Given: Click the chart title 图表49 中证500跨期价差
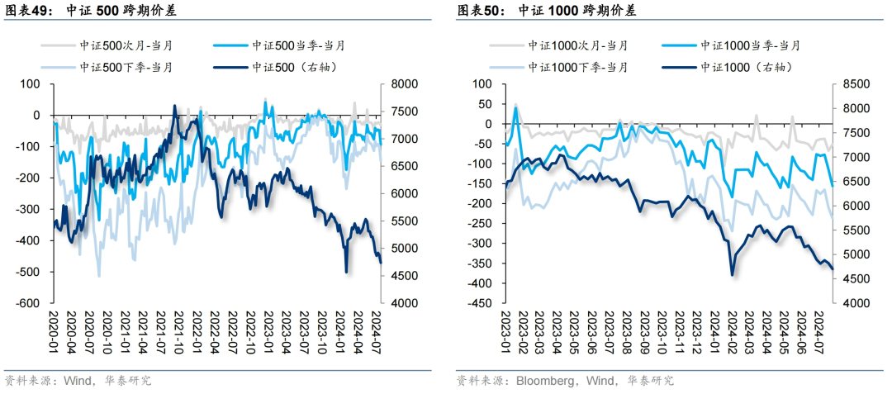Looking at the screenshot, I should tap(91, 11).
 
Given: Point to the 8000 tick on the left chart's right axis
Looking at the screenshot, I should tap(398, 83).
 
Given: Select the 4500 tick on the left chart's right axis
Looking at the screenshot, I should tap(398, 276).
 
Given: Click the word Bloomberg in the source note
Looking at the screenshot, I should tap(546, 381).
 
